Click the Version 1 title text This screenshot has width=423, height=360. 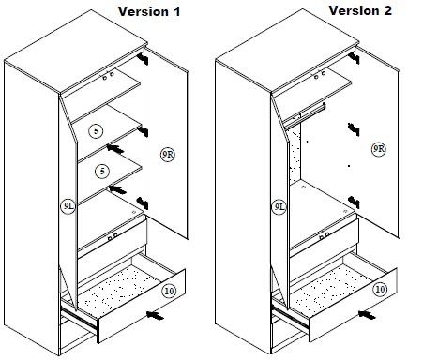(149, 12)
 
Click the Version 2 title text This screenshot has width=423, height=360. (360, 10)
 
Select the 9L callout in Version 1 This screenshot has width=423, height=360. (68, 206)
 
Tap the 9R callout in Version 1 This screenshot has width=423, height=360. (168, 155)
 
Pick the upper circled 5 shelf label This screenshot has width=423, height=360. (96, 130)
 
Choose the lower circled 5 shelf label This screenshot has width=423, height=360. (102, 171)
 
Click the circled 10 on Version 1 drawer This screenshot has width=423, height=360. (169, 291)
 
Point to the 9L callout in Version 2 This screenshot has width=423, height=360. (279, 207)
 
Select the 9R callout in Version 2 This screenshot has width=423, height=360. (379, 149)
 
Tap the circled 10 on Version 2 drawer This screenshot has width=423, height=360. (380, 289)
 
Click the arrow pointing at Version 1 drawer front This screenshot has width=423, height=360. (155, 315)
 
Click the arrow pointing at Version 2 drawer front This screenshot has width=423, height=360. (367, 315)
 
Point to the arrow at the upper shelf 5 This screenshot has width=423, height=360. (115, 149)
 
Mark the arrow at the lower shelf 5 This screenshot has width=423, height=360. (117, 189)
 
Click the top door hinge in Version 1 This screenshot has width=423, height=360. (143, 58)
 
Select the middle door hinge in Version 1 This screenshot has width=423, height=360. (143, 132)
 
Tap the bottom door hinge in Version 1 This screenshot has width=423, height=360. (143, 203)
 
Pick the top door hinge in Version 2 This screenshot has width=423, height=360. (354, 58)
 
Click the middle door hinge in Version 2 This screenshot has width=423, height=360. (354, 129)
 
